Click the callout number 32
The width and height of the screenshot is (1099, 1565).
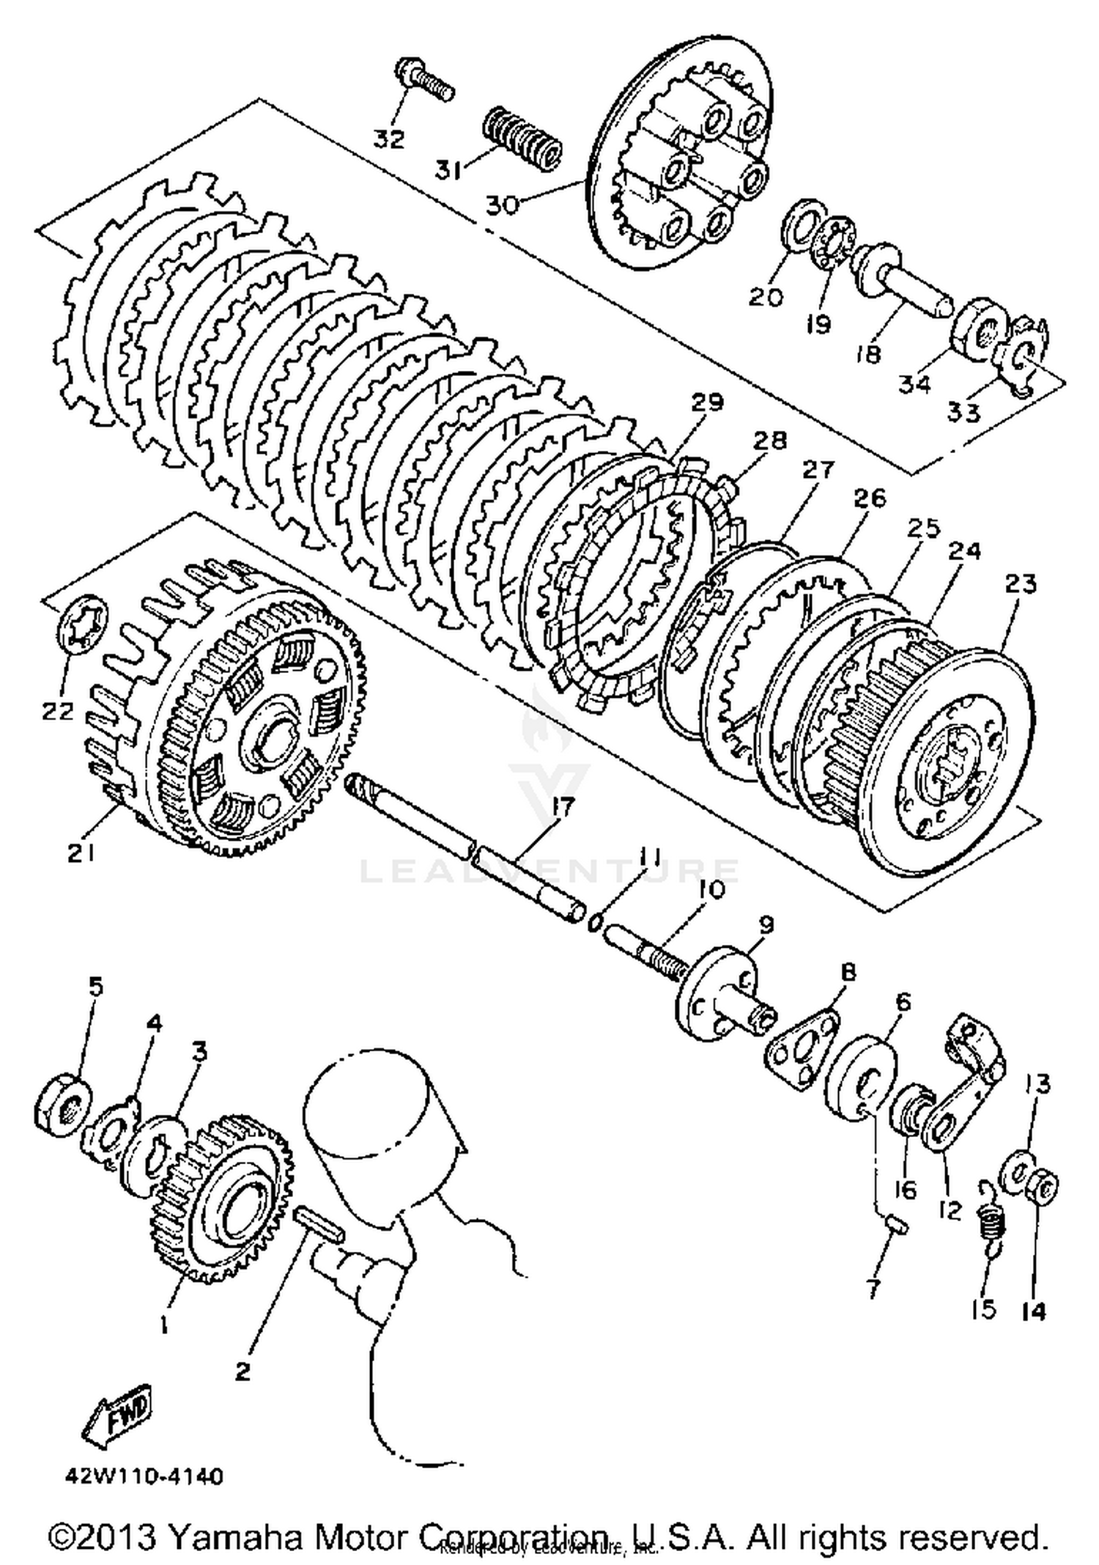(x=388, y=138)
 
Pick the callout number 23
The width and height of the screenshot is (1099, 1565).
(x=1021, y=584)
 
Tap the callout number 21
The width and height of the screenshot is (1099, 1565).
(x=81, y=853)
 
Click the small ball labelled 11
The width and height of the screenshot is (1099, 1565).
(x=596, y=922)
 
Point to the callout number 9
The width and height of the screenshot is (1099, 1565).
(x=766, y=925)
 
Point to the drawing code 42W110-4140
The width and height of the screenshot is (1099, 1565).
(x=144, y=1475)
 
